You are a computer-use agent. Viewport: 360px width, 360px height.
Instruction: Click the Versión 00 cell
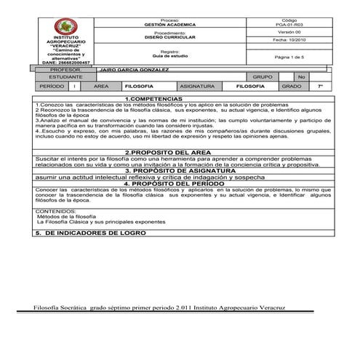[x=289, y=33]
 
